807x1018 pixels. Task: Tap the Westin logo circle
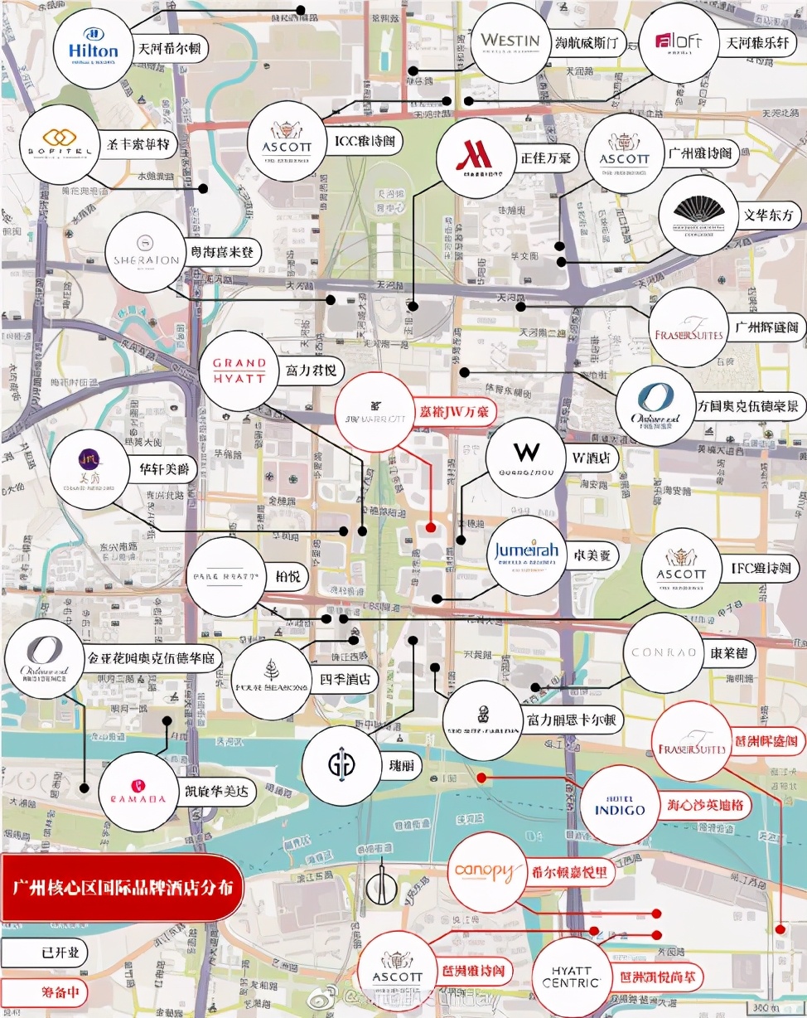click(510, 42)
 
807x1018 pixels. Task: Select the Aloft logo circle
click(679, 42)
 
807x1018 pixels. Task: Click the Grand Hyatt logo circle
click(239, 371)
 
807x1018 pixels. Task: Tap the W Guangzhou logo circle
click(525, 456)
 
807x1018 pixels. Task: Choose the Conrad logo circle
click(664, 652)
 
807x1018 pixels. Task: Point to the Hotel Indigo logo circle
click(618, 804)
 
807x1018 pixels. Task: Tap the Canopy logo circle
click(487, 873)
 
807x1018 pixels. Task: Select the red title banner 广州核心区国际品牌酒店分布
click(116, 888)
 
